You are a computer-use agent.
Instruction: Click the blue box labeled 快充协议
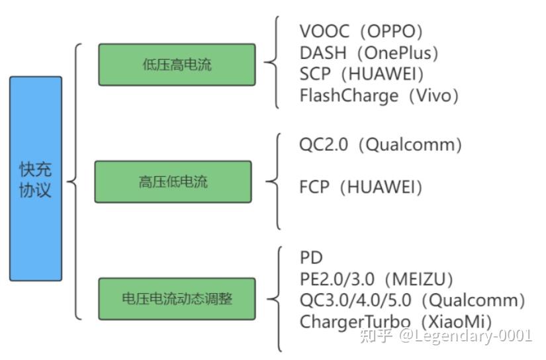click(36, 179)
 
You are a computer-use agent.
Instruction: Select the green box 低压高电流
click(177, 64)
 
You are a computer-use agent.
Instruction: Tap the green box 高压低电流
click(173, 181)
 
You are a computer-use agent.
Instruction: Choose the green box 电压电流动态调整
click(177, 298)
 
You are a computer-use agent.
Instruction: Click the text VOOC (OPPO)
click(361, 31)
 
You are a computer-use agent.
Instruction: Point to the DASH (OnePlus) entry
click(369, 52)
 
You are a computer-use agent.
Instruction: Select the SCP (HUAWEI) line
click(361, 73)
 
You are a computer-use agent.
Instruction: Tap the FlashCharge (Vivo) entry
click(379, 95)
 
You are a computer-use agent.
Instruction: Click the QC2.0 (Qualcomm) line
click(381, 144)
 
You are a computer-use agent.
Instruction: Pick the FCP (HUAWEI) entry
click(361, 187)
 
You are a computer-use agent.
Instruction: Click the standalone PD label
click(311, 258)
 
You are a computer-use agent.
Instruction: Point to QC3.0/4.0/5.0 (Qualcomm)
click(412, 300)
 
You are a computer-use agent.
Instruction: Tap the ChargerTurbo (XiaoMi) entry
click(396, 322)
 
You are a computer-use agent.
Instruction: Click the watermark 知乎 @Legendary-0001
click(445, 336)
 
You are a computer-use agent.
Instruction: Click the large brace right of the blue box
click(75, 181)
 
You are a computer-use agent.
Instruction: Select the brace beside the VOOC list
click(273, 63)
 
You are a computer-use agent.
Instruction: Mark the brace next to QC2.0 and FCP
click(274, 180)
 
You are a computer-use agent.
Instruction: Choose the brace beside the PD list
click(275, 298)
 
